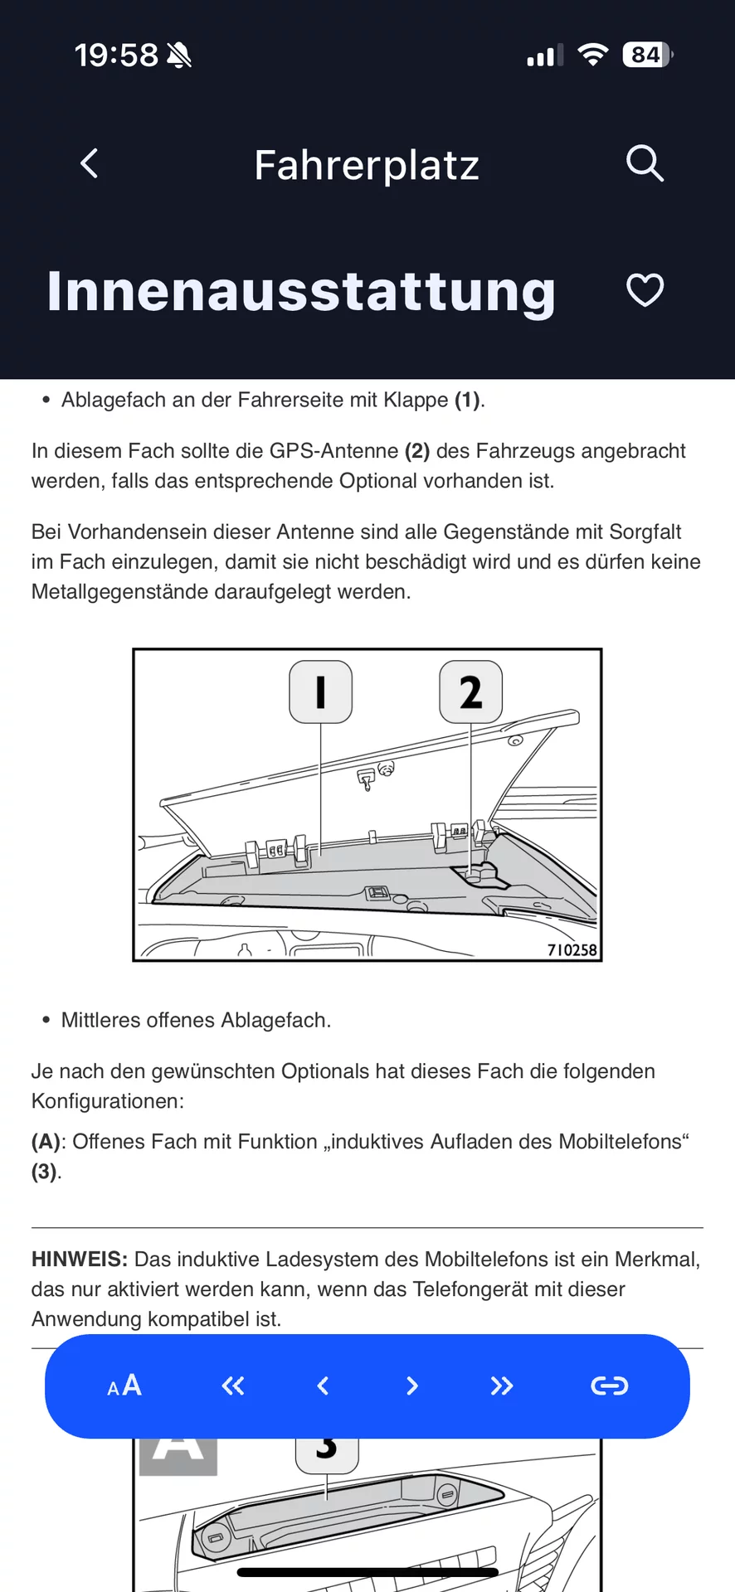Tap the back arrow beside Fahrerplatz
click(x=90, y=163)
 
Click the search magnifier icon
click(x=645, y=163)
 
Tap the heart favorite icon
click(x=645, y=290)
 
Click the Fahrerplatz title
click(x=367, y=165)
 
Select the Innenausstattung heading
click(x=301, y=291)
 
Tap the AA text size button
click(x=124, y=1386)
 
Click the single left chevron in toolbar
click(x=324, y=1386)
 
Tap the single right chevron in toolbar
click(x=412, y=1386)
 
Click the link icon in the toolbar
click(x=609, y=1386)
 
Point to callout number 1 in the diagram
click(x=321, y=692)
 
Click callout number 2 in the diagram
click(x=470, y=692)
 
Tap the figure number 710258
click(x=572, y=950)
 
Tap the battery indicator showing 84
click(x=646, y=55)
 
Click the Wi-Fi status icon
click(x=592, y=55)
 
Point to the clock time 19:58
click(x=116, y=56)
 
